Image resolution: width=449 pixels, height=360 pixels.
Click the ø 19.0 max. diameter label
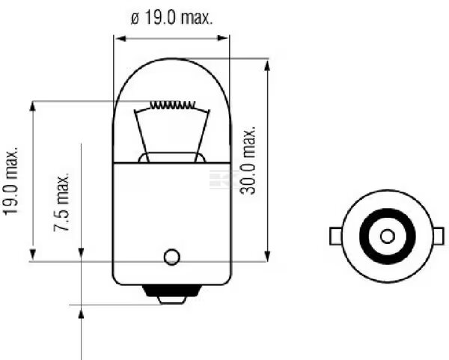(172, 18)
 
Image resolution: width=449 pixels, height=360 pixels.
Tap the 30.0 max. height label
(248, 160)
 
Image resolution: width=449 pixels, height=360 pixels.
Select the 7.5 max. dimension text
(61, 202)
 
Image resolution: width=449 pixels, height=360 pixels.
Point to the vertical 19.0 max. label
(11, 181)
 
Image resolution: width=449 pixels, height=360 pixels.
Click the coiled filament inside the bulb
(172, 106)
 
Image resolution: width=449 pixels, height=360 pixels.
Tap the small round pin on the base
(172, 257)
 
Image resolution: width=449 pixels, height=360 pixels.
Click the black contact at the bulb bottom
(171, 290)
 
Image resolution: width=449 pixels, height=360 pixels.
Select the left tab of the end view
(335, 237)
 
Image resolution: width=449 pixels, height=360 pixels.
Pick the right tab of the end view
(440, 237)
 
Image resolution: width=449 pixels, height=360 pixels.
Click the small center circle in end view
(388, 237)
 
